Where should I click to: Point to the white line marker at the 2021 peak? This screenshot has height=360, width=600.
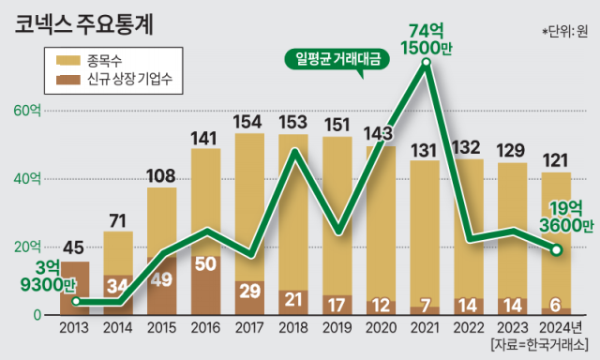(x=427, y=64)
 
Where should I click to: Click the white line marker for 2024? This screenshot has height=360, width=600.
(x=556, y=250)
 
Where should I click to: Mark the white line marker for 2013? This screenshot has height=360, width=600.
(x=75, y=302)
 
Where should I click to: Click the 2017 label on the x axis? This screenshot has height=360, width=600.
(x=248, y=328)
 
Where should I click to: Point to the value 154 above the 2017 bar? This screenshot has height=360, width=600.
(x=247, y=122)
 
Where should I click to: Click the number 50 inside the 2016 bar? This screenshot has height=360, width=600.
(x=207, y=262)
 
